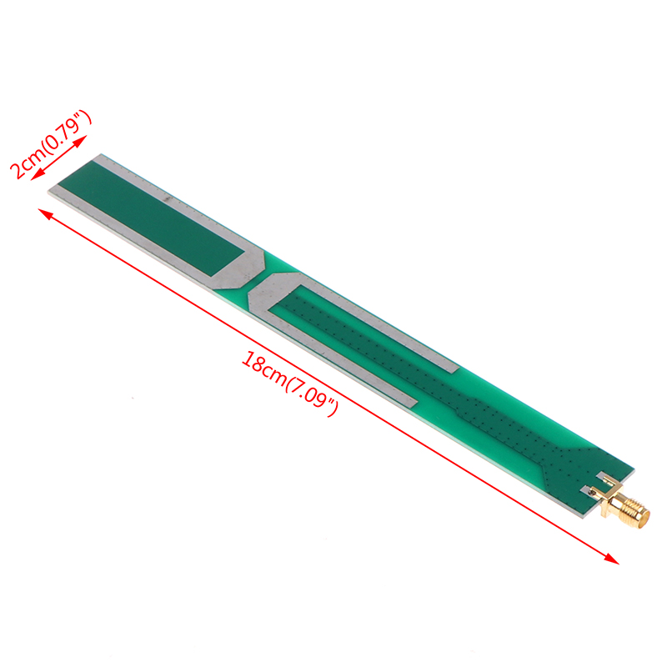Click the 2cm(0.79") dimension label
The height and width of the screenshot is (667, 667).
50,143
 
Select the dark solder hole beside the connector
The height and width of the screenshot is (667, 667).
592,492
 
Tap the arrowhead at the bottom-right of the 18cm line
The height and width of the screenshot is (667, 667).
614,559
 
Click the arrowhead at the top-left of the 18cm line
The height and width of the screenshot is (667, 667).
45,214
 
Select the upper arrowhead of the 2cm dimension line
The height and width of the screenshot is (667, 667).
81,141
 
